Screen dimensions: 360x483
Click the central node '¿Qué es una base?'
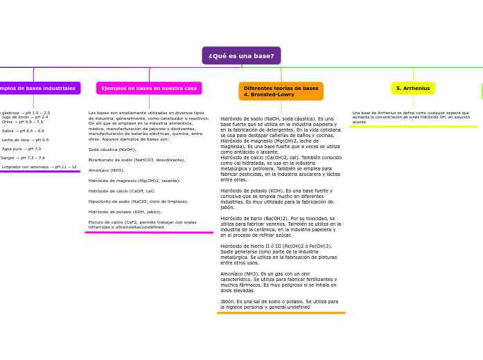[x=241, y=55]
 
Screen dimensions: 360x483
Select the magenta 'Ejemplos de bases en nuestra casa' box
[x=149, y=89]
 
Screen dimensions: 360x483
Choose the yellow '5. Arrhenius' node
[x=413, y=89]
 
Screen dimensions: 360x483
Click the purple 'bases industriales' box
[x=39, y=89]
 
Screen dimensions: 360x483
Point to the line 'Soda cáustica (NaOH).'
[x=112, y=150]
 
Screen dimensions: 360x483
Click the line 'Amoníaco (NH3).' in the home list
[x=106, y=170]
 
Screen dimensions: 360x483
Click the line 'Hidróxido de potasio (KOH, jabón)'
[x=125, y=212]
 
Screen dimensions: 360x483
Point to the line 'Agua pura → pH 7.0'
[x=21, y=149]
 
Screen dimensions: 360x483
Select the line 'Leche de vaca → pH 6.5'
[x=25, y=140]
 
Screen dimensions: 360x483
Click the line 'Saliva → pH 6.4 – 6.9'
[x=23, y=131]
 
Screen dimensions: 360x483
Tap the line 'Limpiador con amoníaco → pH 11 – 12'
[x=39, y=167]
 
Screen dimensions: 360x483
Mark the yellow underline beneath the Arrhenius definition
[x=413, y=127]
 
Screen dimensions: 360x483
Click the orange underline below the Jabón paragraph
[x=281, y=313]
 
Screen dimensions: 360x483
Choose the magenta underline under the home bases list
[x=149, y=233]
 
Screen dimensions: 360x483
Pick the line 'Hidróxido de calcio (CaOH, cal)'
[x=121, y=191]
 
